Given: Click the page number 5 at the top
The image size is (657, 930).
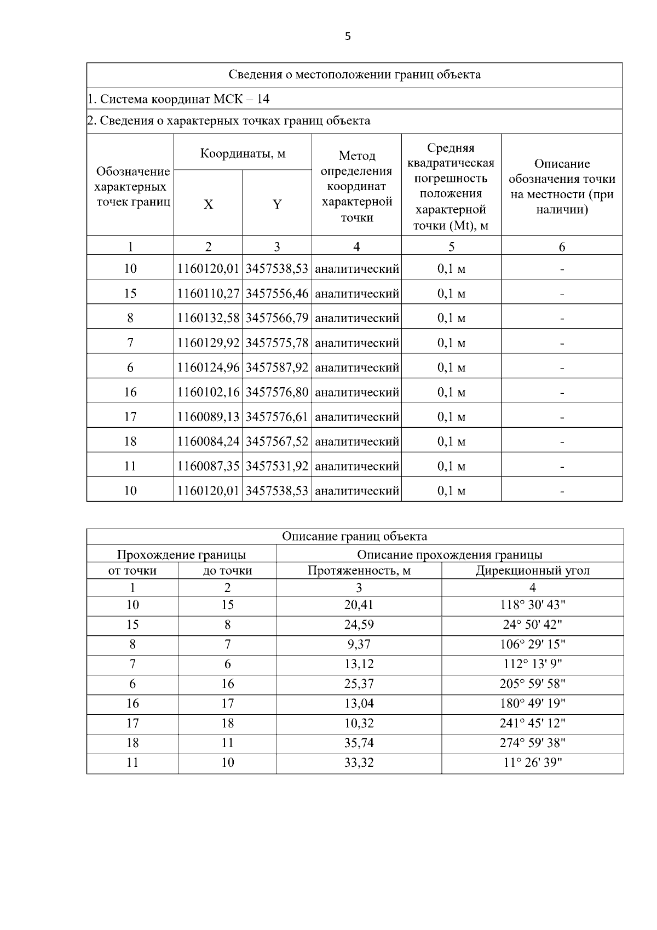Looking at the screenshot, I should tap(348, 37).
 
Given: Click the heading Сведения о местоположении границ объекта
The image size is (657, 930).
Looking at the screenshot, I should tap(354, 75).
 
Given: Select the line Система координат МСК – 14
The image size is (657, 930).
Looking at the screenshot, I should tap(178, 99).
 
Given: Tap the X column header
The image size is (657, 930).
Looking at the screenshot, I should tap(209, 204).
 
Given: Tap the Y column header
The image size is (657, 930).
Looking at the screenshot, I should tap(277, 204).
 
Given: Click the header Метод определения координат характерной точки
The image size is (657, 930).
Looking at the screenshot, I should tap(356, 186).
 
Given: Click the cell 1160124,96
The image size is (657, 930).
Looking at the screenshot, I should tap(209, 367).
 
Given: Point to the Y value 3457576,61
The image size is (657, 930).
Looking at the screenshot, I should tap(277, 416).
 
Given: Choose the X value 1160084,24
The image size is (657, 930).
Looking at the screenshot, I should tap(209, 441).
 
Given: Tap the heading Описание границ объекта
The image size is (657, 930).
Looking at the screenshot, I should tap(354, 536).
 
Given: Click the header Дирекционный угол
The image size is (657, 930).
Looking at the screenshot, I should tap(532, 570).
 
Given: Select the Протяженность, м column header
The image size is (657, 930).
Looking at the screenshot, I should tap(359, 570).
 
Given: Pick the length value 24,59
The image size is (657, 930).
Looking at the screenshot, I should tap(359, 624).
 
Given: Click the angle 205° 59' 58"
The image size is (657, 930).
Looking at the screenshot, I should tap(532, 684).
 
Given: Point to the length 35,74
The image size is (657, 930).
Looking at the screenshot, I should tap(359, 743).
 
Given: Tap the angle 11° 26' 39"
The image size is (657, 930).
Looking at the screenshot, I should tap(532, 762).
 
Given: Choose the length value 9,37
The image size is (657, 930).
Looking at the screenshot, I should tap(359, 644).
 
